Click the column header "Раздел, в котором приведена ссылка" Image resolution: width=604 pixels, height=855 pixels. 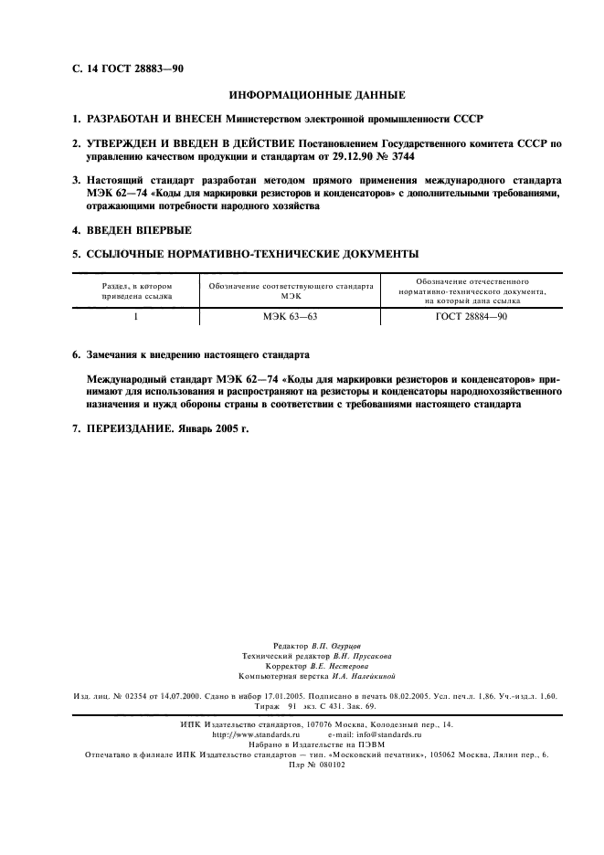pyautogui.click(x=135, y=290)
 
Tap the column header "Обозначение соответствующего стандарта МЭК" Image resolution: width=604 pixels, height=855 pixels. pyautogui.click(x=291, y=290)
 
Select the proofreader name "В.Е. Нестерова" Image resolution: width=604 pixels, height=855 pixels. pyautogui.click(x=336, y=667)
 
